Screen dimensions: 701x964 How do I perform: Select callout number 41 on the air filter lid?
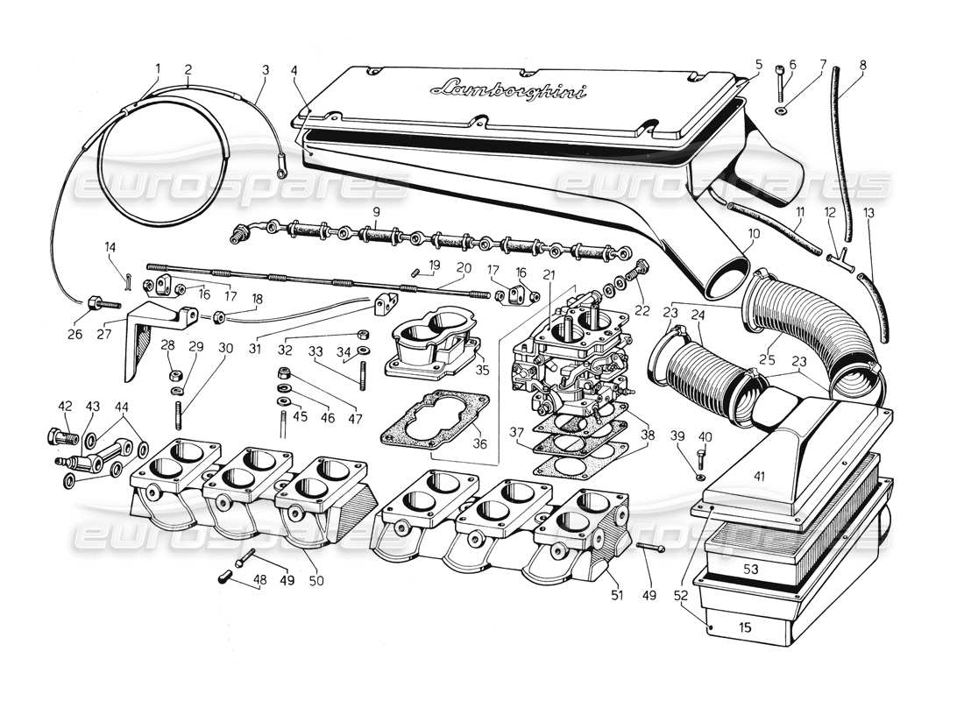pyautogui.click(x=759, y=477)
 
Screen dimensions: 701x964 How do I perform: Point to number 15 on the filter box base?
pyautogui.click(x=745, y=627)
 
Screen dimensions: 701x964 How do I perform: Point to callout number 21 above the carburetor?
pyautogui.click(x=549, y=275)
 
